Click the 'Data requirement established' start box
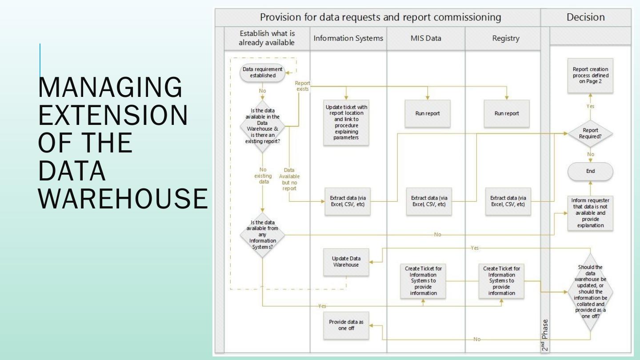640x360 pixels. pos(262,72)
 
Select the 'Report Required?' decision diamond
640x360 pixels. pos(590,133)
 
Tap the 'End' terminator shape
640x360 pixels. pos(590,171)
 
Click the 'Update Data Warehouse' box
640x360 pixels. pos(346,262)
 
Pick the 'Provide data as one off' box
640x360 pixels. pos(346,325)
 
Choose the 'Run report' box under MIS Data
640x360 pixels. pos(427,113)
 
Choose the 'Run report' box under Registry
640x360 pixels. pos(506,113)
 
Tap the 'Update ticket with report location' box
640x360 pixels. pos(346,122)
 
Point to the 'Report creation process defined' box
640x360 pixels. pos(590,76)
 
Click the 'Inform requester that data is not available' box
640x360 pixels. pos(590,213)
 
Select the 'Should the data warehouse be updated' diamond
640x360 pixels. pos(590,292)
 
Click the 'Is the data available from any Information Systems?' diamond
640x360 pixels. pos(262,235)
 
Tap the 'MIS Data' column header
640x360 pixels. pos(426,38)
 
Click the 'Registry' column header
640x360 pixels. pos(505,38)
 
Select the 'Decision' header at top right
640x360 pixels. pos(585,17)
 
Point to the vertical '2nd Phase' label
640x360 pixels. pos(545,336)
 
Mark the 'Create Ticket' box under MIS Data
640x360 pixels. pos(423,281)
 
